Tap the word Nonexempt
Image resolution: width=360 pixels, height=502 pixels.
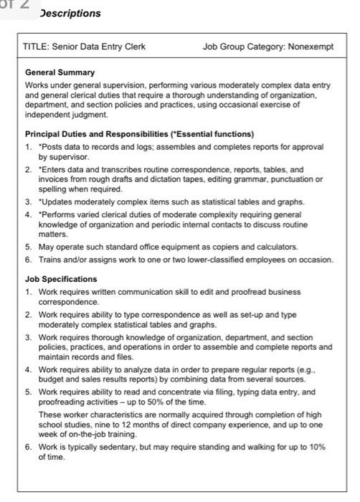coord(311,47)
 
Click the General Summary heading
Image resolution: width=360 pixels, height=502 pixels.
coord(60,72)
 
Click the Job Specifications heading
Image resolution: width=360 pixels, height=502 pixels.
coord(60,279)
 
